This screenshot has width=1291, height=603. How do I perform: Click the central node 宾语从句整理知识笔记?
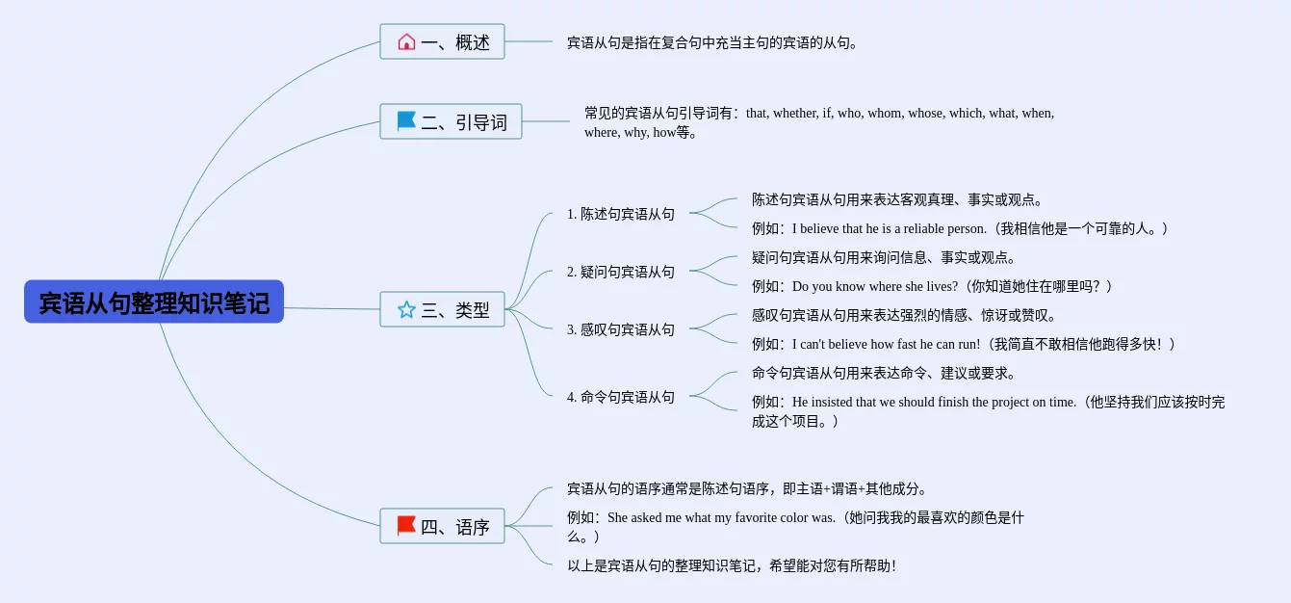pos(154,302)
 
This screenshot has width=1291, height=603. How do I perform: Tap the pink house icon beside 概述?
pos(406,41)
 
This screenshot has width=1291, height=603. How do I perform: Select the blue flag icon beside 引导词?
pos(406,121)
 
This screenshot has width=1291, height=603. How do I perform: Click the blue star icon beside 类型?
pos(406,309)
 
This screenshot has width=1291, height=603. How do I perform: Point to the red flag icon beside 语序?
pos(406,526)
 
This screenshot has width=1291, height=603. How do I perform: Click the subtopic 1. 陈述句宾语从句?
pos(621,214)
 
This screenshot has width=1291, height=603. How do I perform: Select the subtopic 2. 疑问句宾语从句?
pos(621,272)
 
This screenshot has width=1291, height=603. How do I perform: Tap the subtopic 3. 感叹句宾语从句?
pos(621,329)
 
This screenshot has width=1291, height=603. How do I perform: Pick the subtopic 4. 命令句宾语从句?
pos(621,397)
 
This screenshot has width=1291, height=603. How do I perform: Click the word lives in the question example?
pos(939,286)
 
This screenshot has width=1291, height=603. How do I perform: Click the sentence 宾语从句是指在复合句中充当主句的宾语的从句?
pos(712,42)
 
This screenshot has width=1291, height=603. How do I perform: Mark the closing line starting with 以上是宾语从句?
pos(732,565)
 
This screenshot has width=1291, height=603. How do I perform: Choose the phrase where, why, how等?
pos(640,132)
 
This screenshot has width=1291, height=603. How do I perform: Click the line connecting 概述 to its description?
pos(529,41)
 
